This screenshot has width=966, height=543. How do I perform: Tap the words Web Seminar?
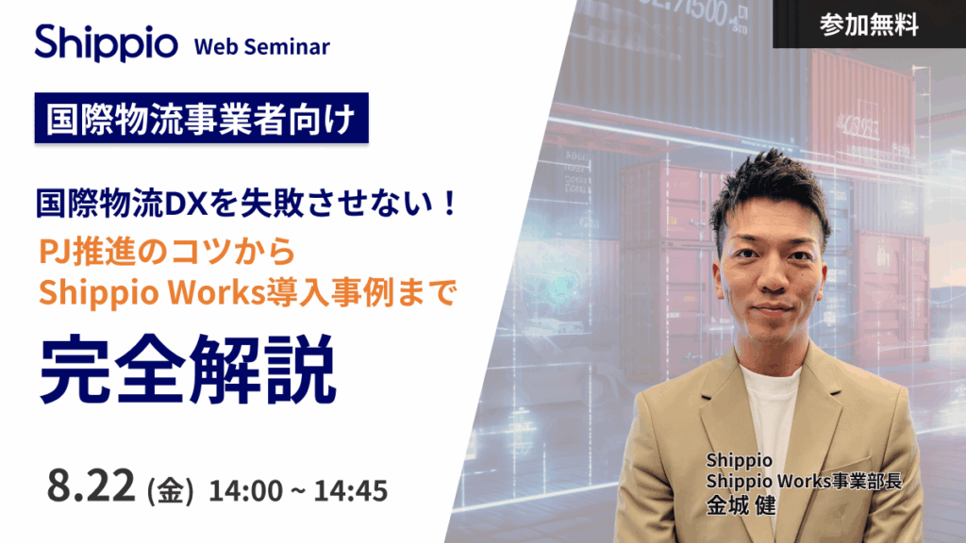[x=261, y=47]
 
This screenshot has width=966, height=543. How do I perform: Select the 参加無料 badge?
[x=869, y=25]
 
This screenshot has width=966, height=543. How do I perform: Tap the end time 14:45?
[x=353, y=491]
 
